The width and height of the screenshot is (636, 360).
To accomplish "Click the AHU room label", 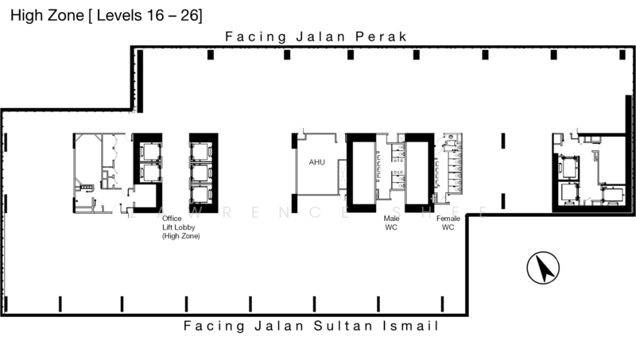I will [x=316, y=162].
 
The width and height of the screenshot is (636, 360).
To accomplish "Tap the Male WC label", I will [x=391, y=223].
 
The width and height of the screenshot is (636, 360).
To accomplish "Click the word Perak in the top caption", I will [x=382, y=37].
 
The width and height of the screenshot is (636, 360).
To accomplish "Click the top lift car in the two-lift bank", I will [x=148, y=151].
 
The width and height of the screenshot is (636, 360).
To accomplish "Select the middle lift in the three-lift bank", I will [x=199, y=171].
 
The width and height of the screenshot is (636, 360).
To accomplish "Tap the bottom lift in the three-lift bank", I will [x=199, y=192].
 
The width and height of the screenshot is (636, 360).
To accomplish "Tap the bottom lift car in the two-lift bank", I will [x=148, y=172].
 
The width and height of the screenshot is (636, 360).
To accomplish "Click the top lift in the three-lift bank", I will [x=199, y=150].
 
